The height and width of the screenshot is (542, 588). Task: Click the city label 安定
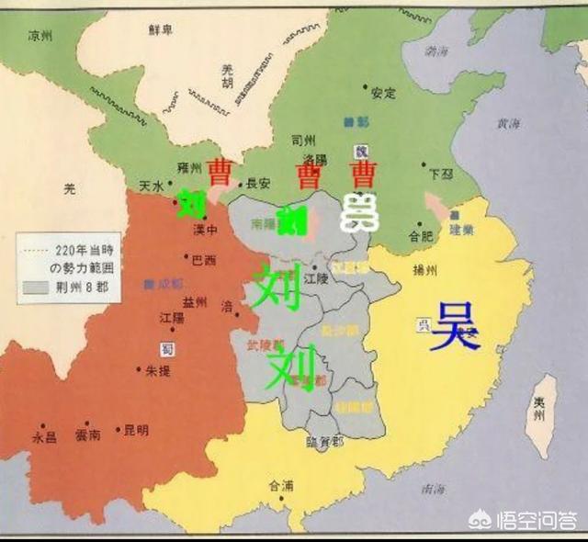click(x=383, y=93)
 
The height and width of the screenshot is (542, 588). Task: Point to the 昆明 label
click(x=136, y=429)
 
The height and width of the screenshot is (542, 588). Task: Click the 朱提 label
click(x=158, y=370)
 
